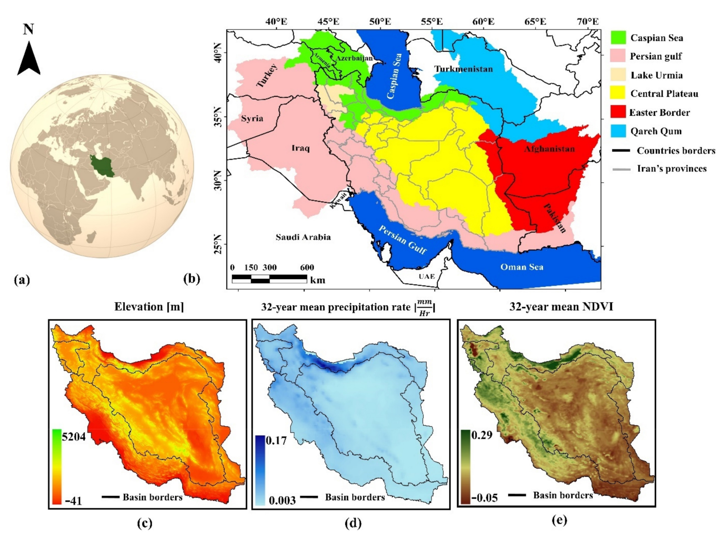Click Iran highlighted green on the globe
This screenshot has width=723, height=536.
pos(102,165)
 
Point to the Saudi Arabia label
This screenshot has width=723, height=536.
pos(303,237)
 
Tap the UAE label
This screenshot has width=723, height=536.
pos(427,276)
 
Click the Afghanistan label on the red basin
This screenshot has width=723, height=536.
pos(549,149)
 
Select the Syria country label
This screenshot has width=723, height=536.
pos(252,118)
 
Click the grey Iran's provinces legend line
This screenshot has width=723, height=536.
pos(621,169)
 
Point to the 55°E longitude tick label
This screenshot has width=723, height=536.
pos(433,22)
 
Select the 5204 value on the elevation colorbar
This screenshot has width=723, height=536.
pos(74,437)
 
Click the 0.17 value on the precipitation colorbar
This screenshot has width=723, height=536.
pos(276,440)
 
